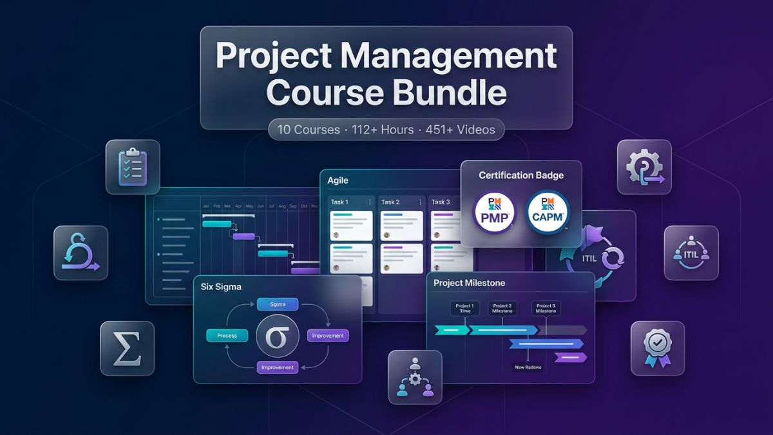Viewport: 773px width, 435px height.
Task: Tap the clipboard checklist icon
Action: click(133, 167)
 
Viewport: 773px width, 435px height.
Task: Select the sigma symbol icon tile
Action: click(127, 348)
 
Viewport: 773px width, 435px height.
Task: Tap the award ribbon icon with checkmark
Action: click(657, 348)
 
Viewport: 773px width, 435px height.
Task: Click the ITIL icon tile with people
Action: click(691, 253)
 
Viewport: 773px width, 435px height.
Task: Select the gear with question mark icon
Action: click(644, 167)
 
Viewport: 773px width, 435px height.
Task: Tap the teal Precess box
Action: click(227, 335)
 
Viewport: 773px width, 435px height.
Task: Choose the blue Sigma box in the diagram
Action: click(277, 304)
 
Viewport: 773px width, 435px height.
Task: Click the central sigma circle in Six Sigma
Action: click(277, 336)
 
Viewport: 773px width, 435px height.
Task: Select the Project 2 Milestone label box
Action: click(502, 308)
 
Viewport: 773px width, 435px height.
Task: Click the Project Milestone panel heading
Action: click(469, 283)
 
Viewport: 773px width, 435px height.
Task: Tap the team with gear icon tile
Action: click(415, 377)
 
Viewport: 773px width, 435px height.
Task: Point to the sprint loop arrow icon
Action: click(81, 253)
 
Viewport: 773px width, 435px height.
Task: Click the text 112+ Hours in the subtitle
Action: click(379, 130)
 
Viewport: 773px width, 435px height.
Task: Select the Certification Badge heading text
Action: click(521, 175)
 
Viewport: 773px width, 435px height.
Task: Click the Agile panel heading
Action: click(338, 180)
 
